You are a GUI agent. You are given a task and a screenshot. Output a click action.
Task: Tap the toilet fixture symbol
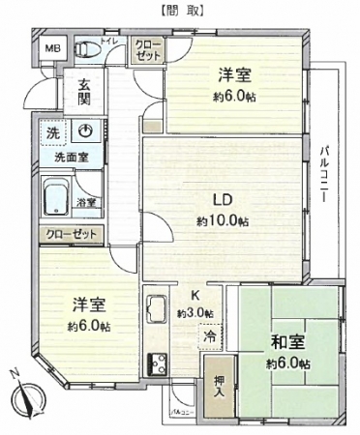pos(86,48)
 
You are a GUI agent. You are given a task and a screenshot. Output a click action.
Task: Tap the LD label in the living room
pos(222,202)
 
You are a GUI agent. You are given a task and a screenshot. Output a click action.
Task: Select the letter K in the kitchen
pos(195,296)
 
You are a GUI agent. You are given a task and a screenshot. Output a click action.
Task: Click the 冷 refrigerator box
pos(209,336)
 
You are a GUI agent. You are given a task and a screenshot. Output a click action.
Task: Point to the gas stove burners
pos(155,366)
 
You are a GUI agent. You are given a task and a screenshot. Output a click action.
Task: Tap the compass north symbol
pos(26,397)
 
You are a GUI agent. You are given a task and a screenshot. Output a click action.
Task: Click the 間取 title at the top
pos(180,11)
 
